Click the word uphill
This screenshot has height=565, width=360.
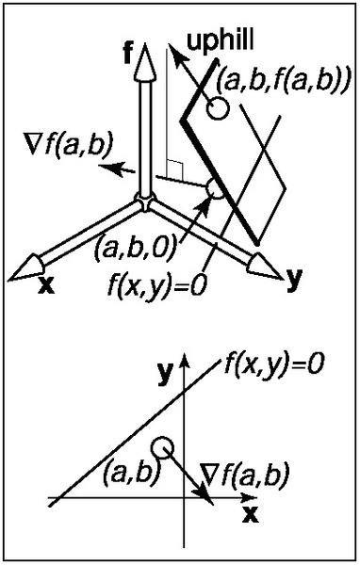click(220, 41)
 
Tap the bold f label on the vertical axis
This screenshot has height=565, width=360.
click(127, 52)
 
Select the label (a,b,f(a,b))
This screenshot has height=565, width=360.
click(283, 83)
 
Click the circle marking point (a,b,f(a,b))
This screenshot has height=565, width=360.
click(218, 108)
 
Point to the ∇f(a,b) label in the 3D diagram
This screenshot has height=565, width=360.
click(70, 145)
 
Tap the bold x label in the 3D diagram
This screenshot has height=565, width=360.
click(46, 285)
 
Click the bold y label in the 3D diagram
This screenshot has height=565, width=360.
click(294, 280)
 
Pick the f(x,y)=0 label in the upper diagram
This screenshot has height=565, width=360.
click(158, 285)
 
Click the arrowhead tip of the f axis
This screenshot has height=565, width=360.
click(145, 43)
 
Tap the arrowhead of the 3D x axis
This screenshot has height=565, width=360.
click(26, 268)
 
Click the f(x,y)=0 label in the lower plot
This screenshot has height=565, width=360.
click(274, 365)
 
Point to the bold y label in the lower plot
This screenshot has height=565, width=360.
click(166, 374)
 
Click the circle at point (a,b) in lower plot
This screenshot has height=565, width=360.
click(162, 448)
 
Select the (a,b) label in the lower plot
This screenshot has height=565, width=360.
click(131, 473)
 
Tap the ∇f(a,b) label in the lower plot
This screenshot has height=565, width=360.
click(245, 474)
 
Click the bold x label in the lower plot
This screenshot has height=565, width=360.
click(251, 516)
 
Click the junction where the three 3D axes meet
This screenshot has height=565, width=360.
click(144, 202)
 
